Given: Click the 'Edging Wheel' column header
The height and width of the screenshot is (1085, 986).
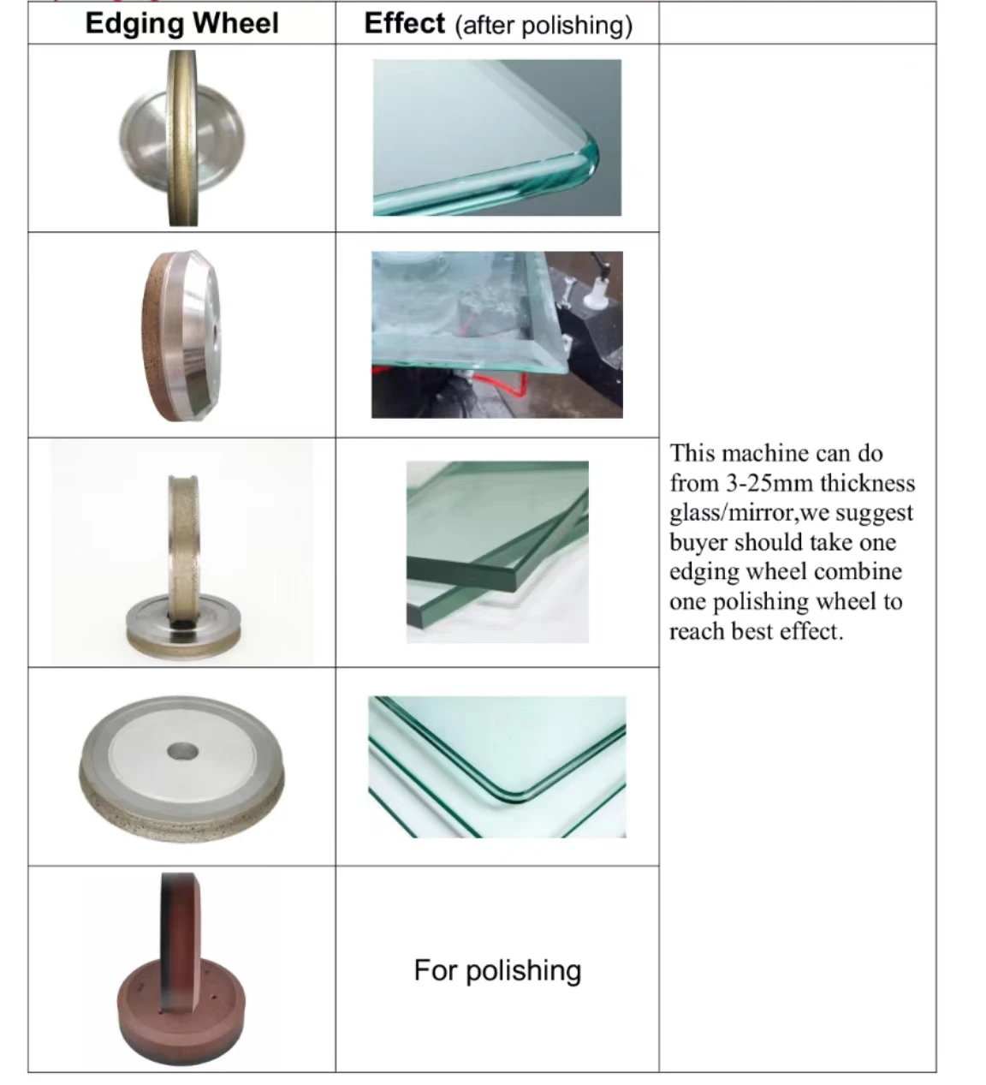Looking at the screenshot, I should pyautogui.click(x=181, y=23).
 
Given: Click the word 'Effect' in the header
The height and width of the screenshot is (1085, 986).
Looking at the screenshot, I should pyautogui.click(x=404, y=23).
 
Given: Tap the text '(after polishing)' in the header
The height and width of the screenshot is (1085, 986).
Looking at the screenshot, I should pyautogui.click(x=544, y=26).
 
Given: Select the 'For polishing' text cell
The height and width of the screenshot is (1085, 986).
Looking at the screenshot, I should pyautogui.click(x=497, y=970).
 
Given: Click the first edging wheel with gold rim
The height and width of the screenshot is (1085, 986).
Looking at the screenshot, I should pyautogui.click(x=182, y=138).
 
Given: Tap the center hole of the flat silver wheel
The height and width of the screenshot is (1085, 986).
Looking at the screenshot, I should pyautogui.click(x=182, y=754).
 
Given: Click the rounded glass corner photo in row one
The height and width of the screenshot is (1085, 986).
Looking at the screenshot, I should pyautogui.click(x=497, y=138).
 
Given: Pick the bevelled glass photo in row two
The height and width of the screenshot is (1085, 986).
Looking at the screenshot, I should pyautogui.click(x=497, y=335).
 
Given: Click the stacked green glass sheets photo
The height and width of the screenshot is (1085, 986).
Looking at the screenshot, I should pyautogui.click(x=497, y=552).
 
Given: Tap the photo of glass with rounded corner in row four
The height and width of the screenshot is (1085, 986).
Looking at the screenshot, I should pyautogui.click(x=497, y=767).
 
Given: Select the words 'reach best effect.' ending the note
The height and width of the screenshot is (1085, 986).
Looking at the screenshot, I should pyautogui.click(x=756, y=632).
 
